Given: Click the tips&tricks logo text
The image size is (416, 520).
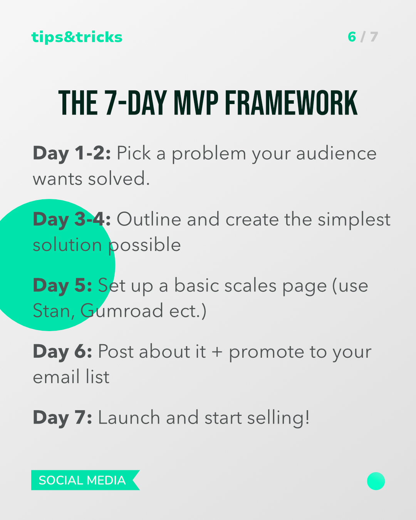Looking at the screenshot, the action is click(x=77, y=37).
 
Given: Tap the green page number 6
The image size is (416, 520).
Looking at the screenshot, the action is click(x=352, y=37).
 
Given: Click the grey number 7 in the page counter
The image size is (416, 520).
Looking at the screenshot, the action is click(x=374, y=37).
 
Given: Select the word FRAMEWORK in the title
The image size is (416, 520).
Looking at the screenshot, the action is click(x=291, y=103).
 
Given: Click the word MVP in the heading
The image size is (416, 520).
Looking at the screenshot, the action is click(x=196, y=103).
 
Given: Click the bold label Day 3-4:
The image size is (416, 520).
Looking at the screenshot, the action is click(x=72, y=220).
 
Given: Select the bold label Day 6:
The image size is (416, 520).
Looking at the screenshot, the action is click(x=62, y=352).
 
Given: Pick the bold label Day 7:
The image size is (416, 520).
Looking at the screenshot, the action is click(x=62, y=418).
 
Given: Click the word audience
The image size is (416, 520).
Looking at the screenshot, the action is click(x=336, y=153).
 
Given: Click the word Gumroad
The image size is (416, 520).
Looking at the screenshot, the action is click(x=122, y=311).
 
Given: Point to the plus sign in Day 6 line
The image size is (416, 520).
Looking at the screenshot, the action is click(x=217, y=352).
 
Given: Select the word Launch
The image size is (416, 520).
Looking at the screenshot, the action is click(x=129, y=417).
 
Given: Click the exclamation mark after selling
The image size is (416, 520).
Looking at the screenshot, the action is click(x=307, y=417).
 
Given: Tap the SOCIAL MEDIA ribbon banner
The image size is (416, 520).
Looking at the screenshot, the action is click(x=86, y=480).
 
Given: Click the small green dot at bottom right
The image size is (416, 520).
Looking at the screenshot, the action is click(x=376, y=481).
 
